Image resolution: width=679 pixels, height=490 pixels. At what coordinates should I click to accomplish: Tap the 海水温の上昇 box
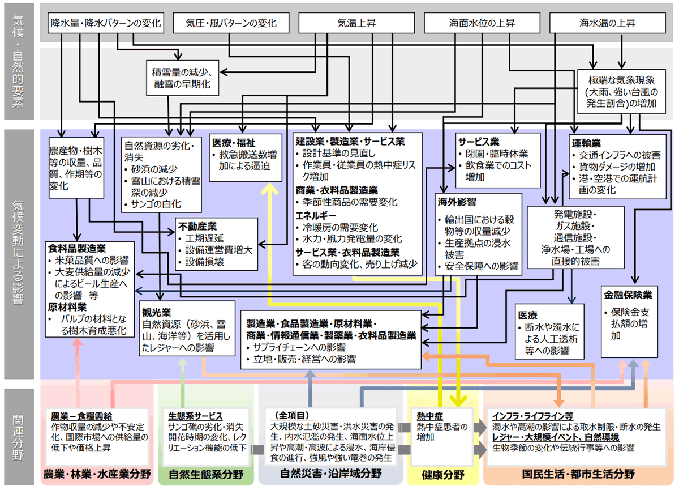pos(607,24)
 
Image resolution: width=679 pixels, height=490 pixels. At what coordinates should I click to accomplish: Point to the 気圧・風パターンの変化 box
pos(231,24)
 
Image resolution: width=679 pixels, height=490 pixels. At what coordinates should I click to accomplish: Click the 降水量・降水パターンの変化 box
pos(106,24)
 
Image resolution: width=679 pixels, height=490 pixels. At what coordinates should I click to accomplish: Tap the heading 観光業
pos(157,313)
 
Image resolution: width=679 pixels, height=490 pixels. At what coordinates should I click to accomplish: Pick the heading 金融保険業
pos(628,295)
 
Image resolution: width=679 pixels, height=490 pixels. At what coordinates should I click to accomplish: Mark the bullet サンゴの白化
pos(160,204)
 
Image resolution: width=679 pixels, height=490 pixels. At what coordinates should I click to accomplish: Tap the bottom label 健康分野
pos(443,474)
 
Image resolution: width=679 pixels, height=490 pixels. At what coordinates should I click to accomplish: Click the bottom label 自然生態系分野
pos(206,474)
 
